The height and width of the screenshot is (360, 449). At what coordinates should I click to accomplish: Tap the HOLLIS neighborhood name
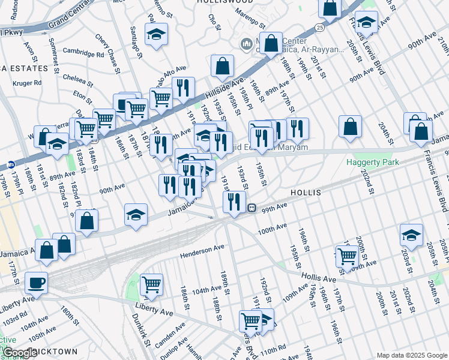(306, 193)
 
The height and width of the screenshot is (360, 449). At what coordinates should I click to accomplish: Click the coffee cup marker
(35, 282)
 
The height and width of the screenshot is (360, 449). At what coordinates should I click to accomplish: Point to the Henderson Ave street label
(202, 250)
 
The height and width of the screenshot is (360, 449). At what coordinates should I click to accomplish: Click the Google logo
(20, 353)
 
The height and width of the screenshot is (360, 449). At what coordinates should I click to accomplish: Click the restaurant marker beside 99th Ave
(235, 201)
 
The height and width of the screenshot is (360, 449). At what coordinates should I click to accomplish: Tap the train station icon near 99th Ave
(253, 208)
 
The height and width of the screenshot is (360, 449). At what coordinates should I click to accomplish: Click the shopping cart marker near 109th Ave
(348, 256)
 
